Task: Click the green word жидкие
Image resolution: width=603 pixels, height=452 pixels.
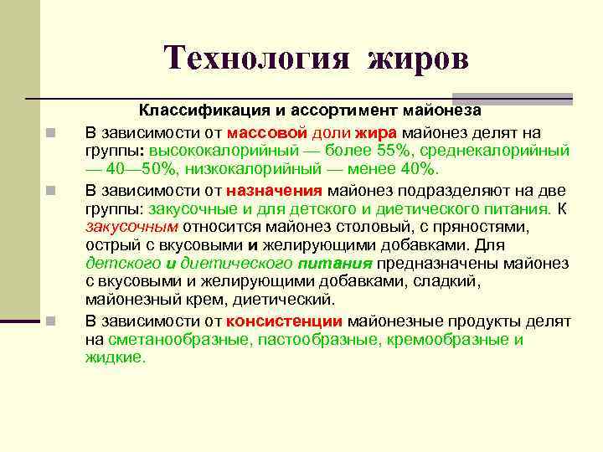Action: click(x=115, y=357)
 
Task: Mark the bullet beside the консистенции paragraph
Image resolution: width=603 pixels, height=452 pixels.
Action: click(x=52, y=321)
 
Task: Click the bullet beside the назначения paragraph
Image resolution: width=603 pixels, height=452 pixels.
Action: click(x=52, y=189)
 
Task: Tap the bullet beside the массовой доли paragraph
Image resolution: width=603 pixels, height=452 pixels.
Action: click(x=52, y=133)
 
